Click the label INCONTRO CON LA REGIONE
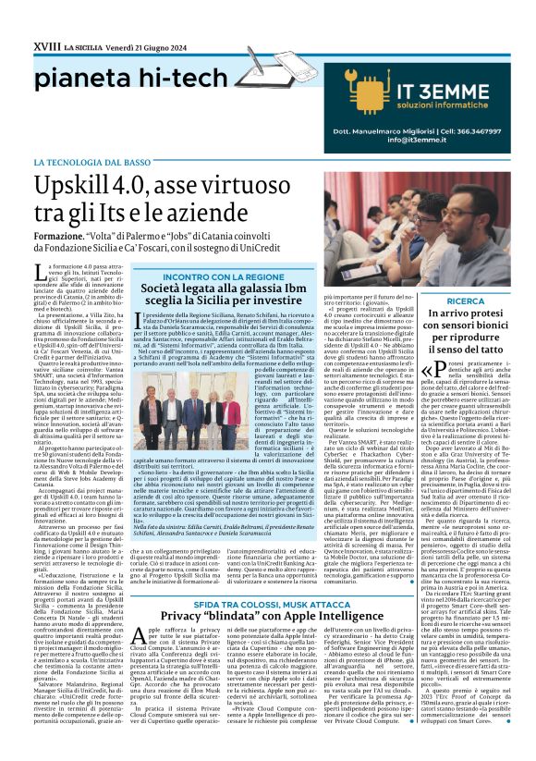pos(212,276)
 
